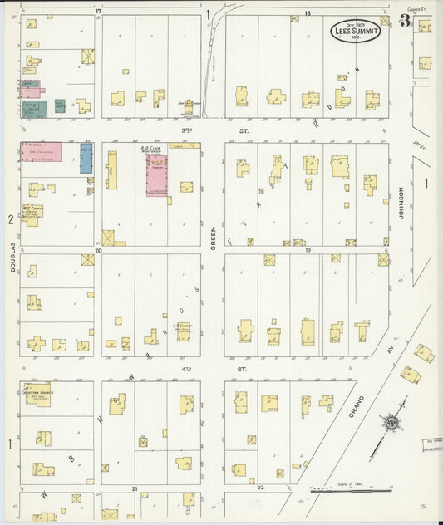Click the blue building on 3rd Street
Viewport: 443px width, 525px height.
(86, 158)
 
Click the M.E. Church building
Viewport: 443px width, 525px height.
(33, 214)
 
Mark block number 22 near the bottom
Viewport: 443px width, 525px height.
(260, 488)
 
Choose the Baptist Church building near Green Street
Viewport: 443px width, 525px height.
(189, 105)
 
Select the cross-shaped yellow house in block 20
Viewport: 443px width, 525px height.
(37, 343)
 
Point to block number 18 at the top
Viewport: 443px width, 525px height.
(307, 14)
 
